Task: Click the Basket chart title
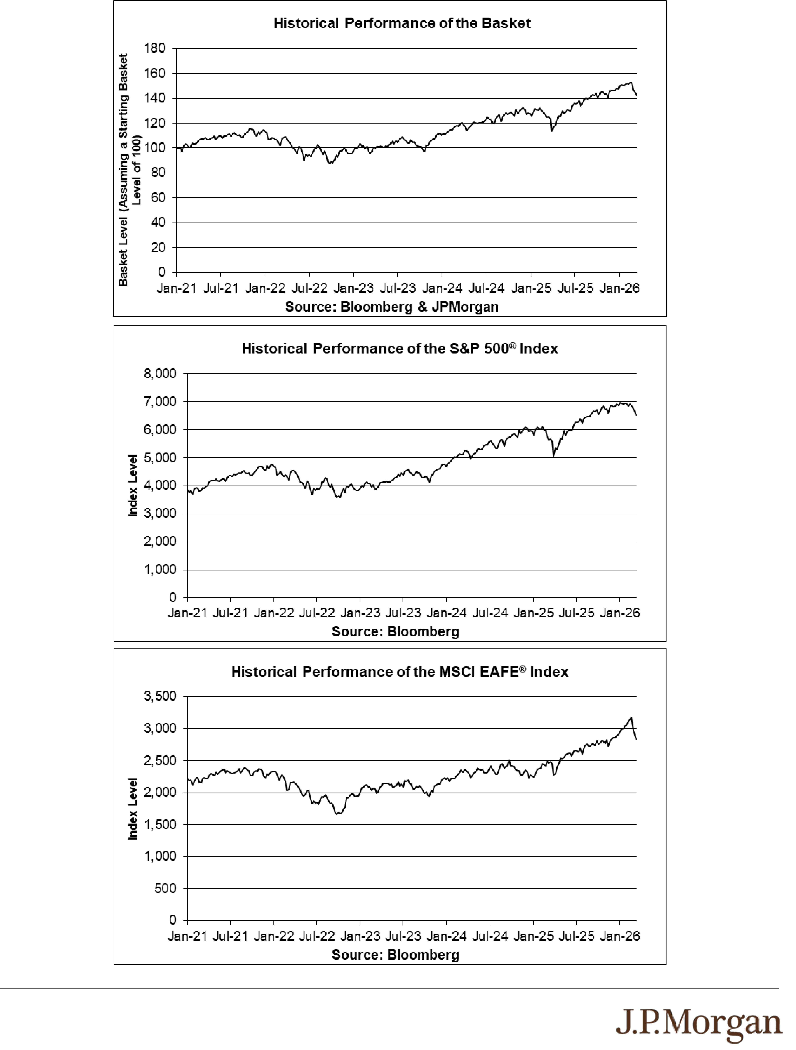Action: coord(402,23)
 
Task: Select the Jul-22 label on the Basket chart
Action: coord(309,288)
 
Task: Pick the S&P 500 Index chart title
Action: coord(400,348)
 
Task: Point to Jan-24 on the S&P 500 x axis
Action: coord(446,613)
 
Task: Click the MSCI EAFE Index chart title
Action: coord(400,672)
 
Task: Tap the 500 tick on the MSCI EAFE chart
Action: coord(165,888)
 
